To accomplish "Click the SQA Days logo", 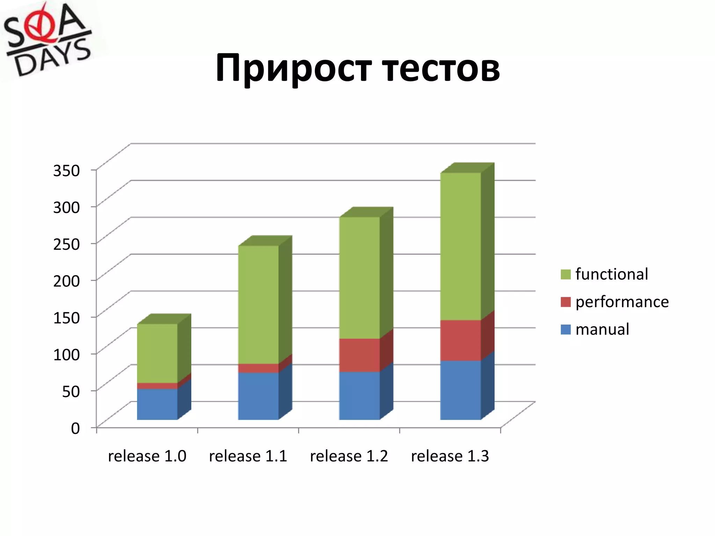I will tap(47, 40).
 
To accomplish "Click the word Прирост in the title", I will tap(293, 68).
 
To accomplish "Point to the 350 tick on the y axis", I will tap(66, 171).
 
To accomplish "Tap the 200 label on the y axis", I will tap(66, 281).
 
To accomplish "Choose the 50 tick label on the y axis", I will tap(71, 391).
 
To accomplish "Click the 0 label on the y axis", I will tap(75, 428).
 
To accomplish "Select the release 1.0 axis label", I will tap(147, 456).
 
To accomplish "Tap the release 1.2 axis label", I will tap(349, 456).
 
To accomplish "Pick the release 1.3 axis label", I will tap(450, 456).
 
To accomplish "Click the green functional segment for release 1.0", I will tap(157, 353).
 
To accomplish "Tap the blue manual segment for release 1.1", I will tap(258, 396).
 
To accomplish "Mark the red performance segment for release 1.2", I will tap(359, 355).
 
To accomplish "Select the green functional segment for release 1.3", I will tap(460, 246).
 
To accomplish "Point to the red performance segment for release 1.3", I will tap(460, 340).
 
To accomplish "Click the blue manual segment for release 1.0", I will tap(157, 404).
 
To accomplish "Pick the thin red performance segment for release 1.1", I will tap(258, 368).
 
